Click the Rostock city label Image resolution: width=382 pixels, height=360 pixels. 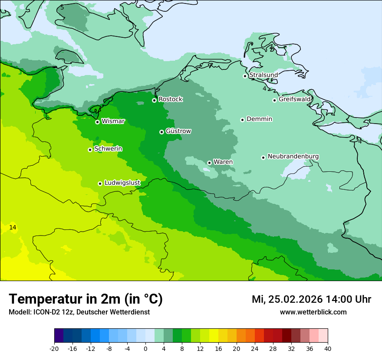[x=170, y=99]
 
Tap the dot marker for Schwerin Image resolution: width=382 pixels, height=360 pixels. [x=90, y=150]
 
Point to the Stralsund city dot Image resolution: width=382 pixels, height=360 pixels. [x=245, y=76]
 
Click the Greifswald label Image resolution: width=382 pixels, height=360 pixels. [x=294, y=99]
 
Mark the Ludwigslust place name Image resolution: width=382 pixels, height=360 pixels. [x=122, y=183]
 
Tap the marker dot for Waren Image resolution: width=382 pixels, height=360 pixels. [x=209, y=163]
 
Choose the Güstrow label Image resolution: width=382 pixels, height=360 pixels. [x=178, y=131]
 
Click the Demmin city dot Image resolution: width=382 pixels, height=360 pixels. [x=242, y=120]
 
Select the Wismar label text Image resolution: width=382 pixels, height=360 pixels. [x=113, y=121]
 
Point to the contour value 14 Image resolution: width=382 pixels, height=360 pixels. [x=13, y=228]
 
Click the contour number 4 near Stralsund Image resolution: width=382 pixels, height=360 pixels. [x=264, y=89]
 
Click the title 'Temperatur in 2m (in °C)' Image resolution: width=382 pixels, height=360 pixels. [x=86, y=299]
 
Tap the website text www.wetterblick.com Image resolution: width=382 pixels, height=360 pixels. [x=313, y=312]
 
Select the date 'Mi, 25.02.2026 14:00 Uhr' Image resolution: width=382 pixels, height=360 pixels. [x=311, y=299]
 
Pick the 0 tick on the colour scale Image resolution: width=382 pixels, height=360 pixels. [x=145, y=348]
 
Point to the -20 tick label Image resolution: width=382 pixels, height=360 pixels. [x=54, y=348]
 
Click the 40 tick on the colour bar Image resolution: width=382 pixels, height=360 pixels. [x=328, y=348]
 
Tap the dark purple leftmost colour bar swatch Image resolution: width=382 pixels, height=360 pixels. [x=59, y=336]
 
